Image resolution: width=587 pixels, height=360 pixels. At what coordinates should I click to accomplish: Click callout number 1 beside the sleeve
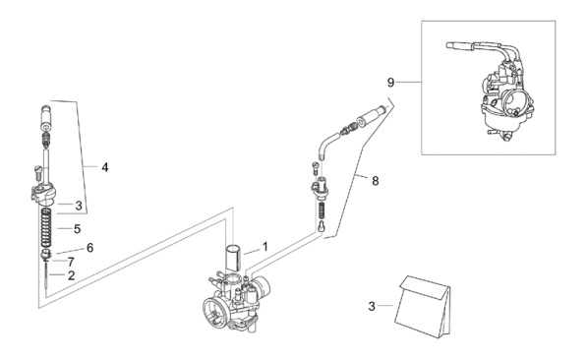(x=265, y=247)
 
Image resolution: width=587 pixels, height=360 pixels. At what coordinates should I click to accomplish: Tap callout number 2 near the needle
(x=71, y=275)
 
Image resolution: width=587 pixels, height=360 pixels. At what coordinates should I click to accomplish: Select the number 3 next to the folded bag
(x=372, y=307)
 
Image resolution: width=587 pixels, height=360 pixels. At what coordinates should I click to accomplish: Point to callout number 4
(x=105, y=167)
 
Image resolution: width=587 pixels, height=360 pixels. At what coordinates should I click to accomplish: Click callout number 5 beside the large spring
(x=77, y=229)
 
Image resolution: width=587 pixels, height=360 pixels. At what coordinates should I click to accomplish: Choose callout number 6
(x=89, y=248)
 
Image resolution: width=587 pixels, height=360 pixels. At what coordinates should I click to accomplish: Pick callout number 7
(x=71, y=262)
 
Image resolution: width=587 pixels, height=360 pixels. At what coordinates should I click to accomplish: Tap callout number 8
(x=376, y=181)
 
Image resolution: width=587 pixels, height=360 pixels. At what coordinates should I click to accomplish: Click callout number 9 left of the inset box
(x=390, y=83)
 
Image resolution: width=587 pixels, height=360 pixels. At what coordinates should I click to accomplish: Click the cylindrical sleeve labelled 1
(x=233, y=258)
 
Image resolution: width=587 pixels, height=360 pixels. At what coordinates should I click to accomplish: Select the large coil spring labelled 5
(x=46, y=228)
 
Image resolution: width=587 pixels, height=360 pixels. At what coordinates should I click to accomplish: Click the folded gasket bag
(x=423, y=307)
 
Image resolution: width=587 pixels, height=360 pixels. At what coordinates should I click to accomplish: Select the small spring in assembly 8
(x=322, y=211)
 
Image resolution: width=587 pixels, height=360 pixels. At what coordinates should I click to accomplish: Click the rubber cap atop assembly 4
(x=46, y=118)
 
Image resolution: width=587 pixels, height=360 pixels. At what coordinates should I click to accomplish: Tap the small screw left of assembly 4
(x=37, y=173)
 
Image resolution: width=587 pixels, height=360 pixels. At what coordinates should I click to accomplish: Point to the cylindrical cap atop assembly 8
(x=371, y=116)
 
